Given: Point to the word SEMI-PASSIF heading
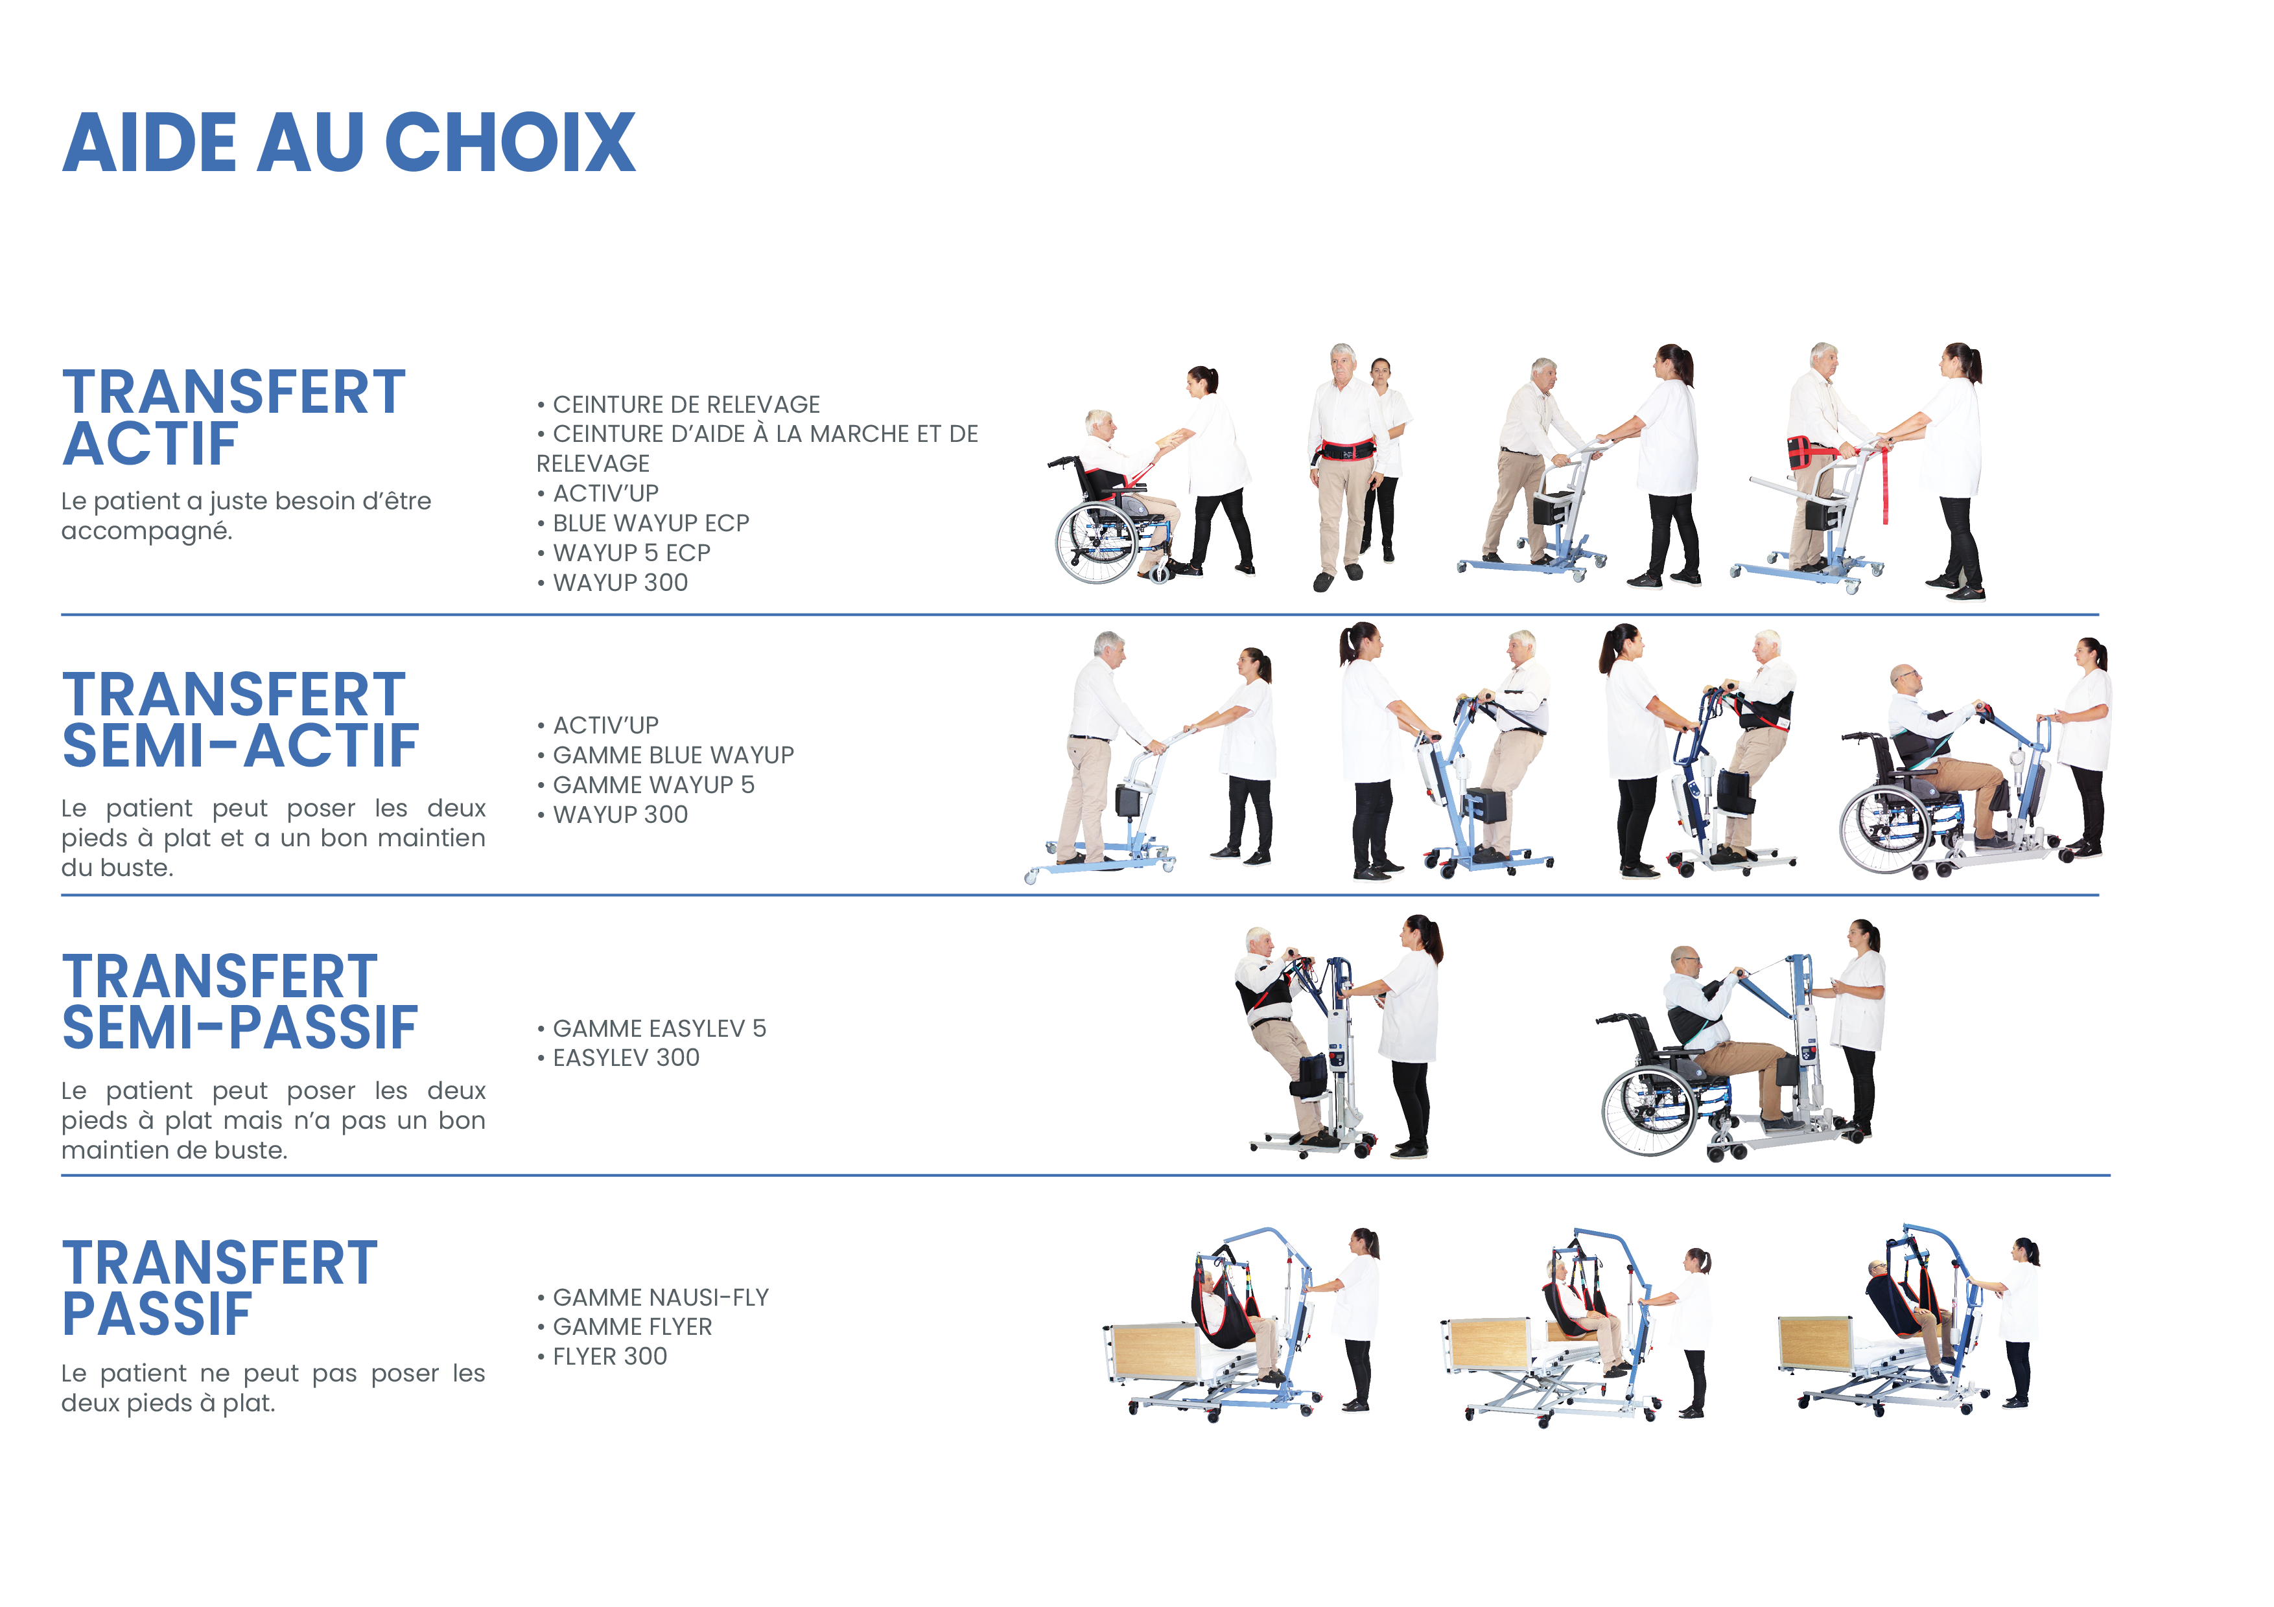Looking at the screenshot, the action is (240, 1027).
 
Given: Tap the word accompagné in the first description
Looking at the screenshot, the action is (147, 533).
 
